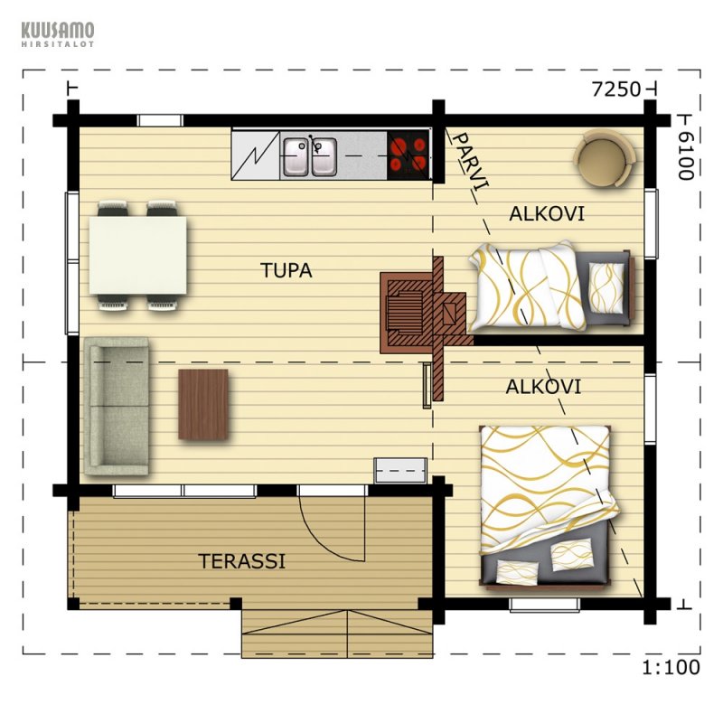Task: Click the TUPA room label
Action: click(x=286, y=270)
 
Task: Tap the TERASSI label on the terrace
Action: click(x=242, y=561)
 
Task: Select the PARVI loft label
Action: click(x=470, y=161)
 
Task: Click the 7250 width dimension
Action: click(x=616, y=89)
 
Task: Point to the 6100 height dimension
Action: click(x=686, y=155)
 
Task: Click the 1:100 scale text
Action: click(x=671, y=667)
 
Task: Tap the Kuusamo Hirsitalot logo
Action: click(x=58, y=34)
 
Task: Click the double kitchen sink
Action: click(x=310, y=156)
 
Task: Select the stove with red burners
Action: click(x=408, y=155)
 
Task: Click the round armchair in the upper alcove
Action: click(x=605, y=157)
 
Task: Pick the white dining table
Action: click(x=138, y=255)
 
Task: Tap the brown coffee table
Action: click(x=203, y=404)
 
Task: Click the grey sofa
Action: click(x=117, y=406)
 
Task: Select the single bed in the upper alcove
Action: click(x=551, y=286)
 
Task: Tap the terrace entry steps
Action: click(x=337, y=634)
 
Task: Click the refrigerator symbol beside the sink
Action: click(x=256, y=155)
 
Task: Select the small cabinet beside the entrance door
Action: click(x=400, y=470)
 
